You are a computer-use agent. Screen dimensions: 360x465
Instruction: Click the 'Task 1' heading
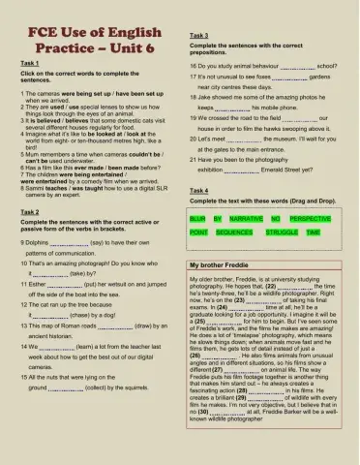click(30, 61)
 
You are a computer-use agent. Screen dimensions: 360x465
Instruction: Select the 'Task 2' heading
click(30, 211)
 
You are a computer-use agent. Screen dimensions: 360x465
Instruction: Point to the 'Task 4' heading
click(201, 191)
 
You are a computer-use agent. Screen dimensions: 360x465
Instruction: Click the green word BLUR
click(199, 221)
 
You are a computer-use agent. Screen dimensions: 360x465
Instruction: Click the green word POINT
click(199, 233)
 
